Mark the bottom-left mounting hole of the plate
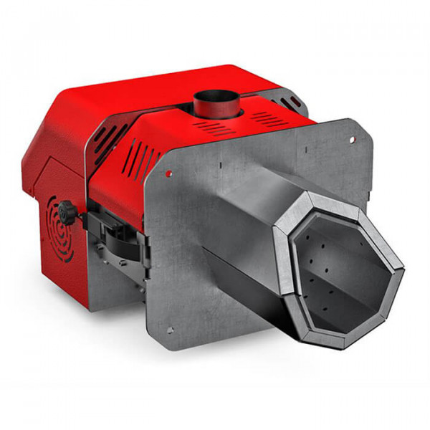pyautogui.click(x=171, y=330)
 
